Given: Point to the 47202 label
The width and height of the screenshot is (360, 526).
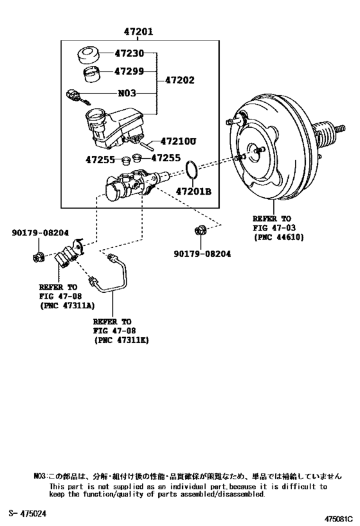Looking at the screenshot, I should [180, 81].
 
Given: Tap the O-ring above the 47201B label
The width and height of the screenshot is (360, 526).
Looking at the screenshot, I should [191, 170].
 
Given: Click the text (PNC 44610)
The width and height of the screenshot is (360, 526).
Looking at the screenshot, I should [278, 237].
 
